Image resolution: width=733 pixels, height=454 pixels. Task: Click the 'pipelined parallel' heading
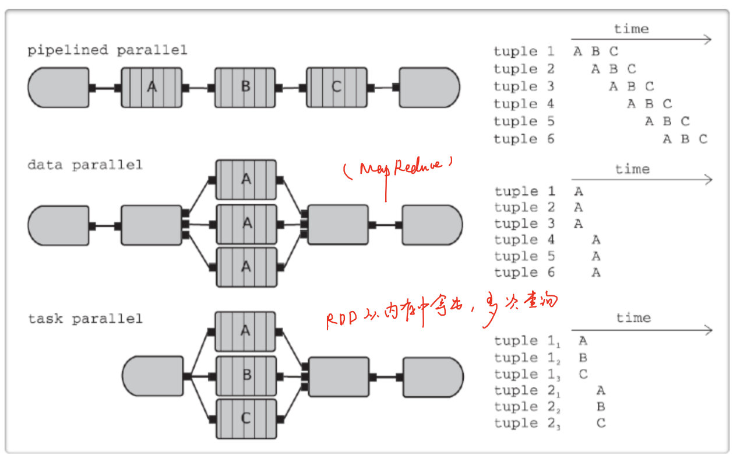(107, 50)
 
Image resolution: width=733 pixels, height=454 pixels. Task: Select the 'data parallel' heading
(84, 165)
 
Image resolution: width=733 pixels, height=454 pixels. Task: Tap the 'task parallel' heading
(85, 319)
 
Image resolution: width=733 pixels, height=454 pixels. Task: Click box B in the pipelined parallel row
(245, 88)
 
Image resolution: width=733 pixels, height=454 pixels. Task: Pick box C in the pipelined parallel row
(336, 88)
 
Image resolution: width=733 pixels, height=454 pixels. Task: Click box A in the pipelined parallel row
(151, 88)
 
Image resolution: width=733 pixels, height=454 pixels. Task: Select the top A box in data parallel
(246, 180)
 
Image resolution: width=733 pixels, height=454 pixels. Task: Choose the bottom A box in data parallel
(246, 267)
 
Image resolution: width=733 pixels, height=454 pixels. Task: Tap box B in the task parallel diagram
(246, 375)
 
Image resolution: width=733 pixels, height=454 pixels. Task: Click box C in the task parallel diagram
(246, 418)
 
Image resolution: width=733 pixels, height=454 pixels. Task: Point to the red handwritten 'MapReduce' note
(399, 168)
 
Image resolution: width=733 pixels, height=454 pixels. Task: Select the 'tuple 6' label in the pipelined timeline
(524, 139)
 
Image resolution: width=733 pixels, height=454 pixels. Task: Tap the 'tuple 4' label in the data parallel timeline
(524, 240)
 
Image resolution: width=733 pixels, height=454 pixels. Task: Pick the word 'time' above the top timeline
(631, 29)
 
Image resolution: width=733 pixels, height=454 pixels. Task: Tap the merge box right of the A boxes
(338, 225)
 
